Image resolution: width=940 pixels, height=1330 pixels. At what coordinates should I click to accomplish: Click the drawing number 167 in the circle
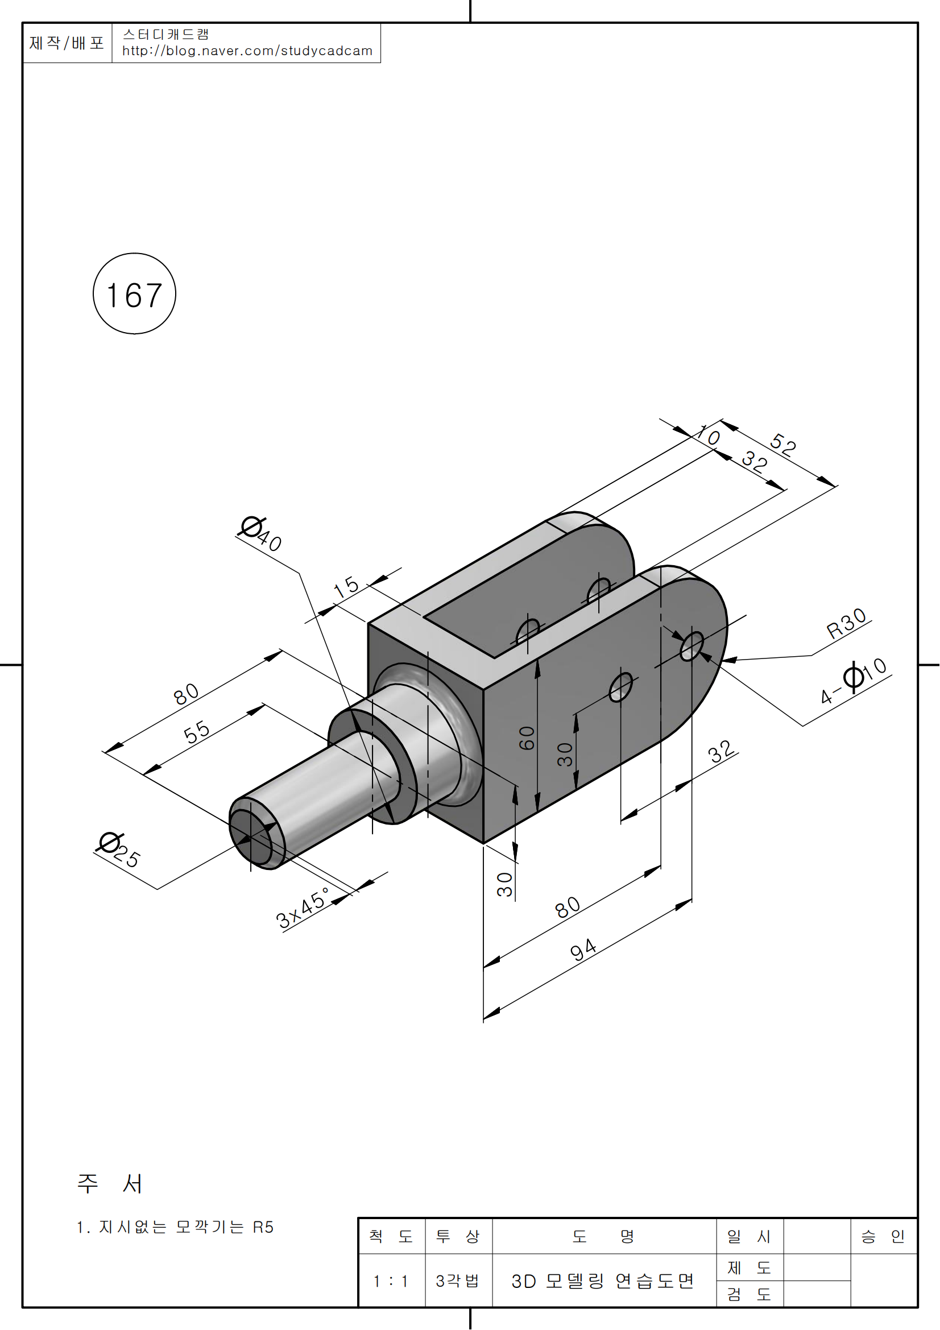[x=134, y=295]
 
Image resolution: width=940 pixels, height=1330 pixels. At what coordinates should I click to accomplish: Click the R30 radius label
[x=846, y=623]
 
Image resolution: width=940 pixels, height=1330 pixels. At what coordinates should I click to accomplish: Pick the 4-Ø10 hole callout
[x=854, y=681]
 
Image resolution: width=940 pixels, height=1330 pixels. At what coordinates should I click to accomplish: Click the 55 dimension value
[x=196, y=732]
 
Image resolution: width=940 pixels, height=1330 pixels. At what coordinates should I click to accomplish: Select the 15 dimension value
[x=346, y=587]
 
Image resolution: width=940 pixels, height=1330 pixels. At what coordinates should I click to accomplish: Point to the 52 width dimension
[x=783, y=444]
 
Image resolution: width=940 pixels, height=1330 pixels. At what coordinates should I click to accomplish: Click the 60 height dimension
[x=527, y=738]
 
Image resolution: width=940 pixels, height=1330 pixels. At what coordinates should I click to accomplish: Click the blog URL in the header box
[x=247, y=51]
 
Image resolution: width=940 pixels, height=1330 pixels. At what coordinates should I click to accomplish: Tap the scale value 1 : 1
[x=391, y=1281]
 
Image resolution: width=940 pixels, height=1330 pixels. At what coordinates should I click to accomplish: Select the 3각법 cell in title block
[x=458, y=1281]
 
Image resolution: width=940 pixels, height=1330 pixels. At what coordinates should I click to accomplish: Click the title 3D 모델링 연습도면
[x=602, y=1281]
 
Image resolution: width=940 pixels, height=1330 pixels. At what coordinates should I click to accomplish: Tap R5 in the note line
[x=263, y=1227]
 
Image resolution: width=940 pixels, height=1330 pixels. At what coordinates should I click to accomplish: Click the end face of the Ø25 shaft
[x=251, y=835]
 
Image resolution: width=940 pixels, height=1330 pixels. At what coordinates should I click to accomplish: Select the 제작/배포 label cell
[x=67, y=43]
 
